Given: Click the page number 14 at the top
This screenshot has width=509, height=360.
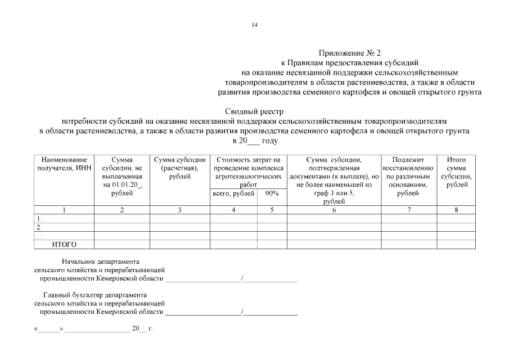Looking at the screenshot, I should [254, 25].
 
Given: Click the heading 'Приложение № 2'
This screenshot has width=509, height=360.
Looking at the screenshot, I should [350, 53].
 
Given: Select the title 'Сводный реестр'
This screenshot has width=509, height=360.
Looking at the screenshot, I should [254, 111].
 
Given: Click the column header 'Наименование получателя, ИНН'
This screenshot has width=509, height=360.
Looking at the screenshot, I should [64, 164].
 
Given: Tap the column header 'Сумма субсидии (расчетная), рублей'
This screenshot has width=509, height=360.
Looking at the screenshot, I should [179, 168].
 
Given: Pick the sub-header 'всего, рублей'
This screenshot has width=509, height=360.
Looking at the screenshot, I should [233, 193].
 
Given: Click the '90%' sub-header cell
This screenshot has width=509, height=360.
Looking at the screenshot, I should [272, 193].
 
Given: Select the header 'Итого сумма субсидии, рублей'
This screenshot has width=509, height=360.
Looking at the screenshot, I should [456, 172].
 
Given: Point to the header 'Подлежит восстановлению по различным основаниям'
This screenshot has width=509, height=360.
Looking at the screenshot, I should [409, 176].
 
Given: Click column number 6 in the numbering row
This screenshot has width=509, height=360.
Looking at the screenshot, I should [334, 210].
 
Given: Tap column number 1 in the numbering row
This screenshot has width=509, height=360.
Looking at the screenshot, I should [64, 210].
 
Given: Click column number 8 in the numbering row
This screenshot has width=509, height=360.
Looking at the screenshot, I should [456, 210].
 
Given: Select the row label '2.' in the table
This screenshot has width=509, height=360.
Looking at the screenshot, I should [39, 227].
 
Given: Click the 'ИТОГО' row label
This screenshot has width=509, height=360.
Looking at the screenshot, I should [64, 244].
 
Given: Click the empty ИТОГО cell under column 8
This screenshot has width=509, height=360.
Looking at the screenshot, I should [456, 244].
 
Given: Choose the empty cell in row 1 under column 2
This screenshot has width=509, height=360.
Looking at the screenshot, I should [122, 218].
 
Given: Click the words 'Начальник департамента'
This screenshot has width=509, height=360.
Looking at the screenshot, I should [100, 262].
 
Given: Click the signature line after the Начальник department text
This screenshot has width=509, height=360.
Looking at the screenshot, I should [202, 278].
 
